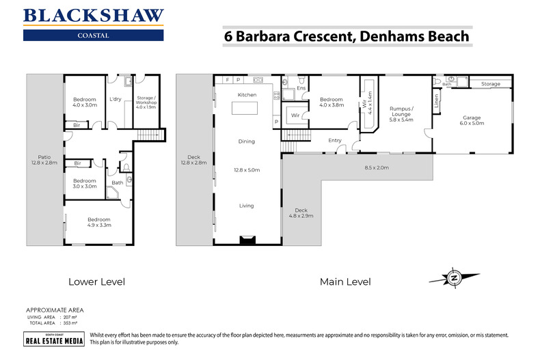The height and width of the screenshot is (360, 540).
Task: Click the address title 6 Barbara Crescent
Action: pyautogui.click(x=347, y=37)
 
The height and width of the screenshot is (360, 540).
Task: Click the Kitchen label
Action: pyautogui.click(x=246, y=94)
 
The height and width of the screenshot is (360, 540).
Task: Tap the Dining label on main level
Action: pyautogui.click(x=246, y=141)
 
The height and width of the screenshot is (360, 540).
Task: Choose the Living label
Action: pyautogui.click(x=246, y=206)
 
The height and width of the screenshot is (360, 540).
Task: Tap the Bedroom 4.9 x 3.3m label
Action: pyautogui.click(x=99, y=222)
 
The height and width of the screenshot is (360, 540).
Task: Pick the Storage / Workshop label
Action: pyautogui.click(x=147, y=102)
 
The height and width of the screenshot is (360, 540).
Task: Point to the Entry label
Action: pyautogui.click(x=335, y=141)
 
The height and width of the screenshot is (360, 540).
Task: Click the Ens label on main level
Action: pyautogui.click(x=301, y=87)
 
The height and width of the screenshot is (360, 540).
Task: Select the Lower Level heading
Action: pyautogui.click(x=96, y=281)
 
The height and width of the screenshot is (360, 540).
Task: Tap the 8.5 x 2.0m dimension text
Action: pyautogui.click(x=376, y=167)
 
